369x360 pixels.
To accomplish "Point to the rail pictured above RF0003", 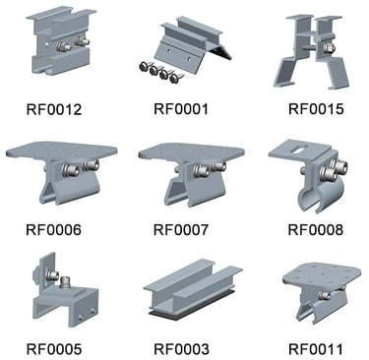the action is click(187, 295).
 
